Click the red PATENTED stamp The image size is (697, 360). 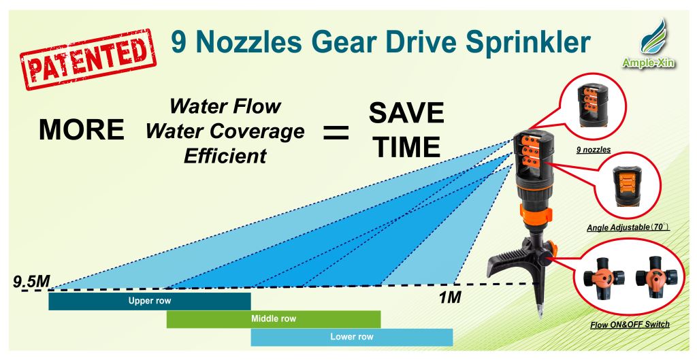click(x=88, y=59)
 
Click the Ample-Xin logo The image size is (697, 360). click(x=648, y=44)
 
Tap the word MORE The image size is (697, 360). click(x=82, y=130)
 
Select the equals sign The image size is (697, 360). click(x=336, y=133)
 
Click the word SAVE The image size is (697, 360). click(x=406, y=113)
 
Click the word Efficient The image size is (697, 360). click(x=225, y=156)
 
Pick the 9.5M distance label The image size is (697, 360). click(x=31, y=281)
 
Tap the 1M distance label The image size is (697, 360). click(x=450, y=297)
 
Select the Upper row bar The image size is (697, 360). click(x=149, y=301)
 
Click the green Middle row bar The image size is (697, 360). click(x=274, y=319)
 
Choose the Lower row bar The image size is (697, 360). click(x=352, y=337)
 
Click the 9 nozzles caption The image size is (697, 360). click(x=594, y=150)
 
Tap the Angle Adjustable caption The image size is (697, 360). click(x=628, y=227)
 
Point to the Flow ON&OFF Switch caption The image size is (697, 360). click(x=630, y=325)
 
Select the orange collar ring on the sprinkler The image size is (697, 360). click(x=536, y=214)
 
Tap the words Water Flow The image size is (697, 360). click(x=225, y=107)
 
